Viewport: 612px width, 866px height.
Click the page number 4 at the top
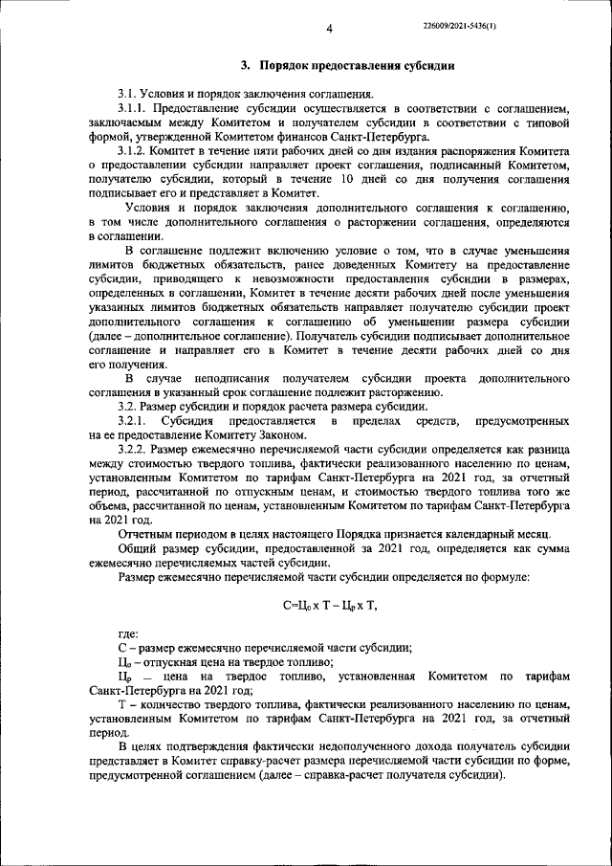click(328, 28)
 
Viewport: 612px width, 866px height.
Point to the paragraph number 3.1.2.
click(134, 151)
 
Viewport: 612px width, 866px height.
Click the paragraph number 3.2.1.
click(134, 421)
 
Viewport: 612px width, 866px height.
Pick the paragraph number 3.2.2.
click(134, 449)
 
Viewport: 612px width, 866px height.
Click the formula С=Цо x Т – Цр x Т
click(331, 605)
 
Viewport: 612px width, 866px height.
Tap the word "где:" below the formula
click(128, 633)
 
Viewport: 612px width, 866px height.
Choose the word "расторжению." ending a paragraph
click(406, 392)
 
